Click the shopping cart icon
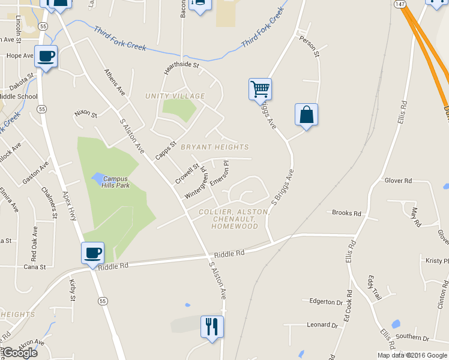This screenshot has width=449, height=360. click(x=260, y=89)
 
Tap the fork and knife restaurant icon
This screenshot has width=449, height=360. click(x=211, y=327)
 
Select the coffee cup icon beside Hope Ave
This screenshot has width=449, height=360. click(x=46, y=56)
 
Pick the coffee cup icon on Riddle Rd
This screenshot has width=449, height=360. click(x=92, y=253)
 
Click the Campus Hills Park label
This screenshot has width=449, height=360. click(x=115, y=182)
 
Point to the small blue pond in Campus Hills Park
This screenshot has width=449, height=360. click(x=97, y=178)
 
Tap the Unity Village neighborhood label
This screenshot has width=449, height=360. click(x=175, y=96)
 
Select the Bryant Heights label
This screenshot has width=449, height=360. click(x=214, y=147)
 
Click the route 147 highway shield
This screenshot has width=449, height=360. click(x=401, y=4)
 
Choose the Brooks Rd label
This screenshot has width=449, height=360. click(x=347, y=213)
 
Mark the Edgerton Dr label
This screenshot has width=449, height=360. click(x=326, y=302)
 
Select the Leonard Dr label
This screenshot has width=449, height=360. click(x=322, y=325)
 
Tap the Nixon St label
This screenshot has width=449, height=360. click(x=85, y=113)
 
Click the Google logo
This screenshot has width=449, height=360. click(x=20, y=353)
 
